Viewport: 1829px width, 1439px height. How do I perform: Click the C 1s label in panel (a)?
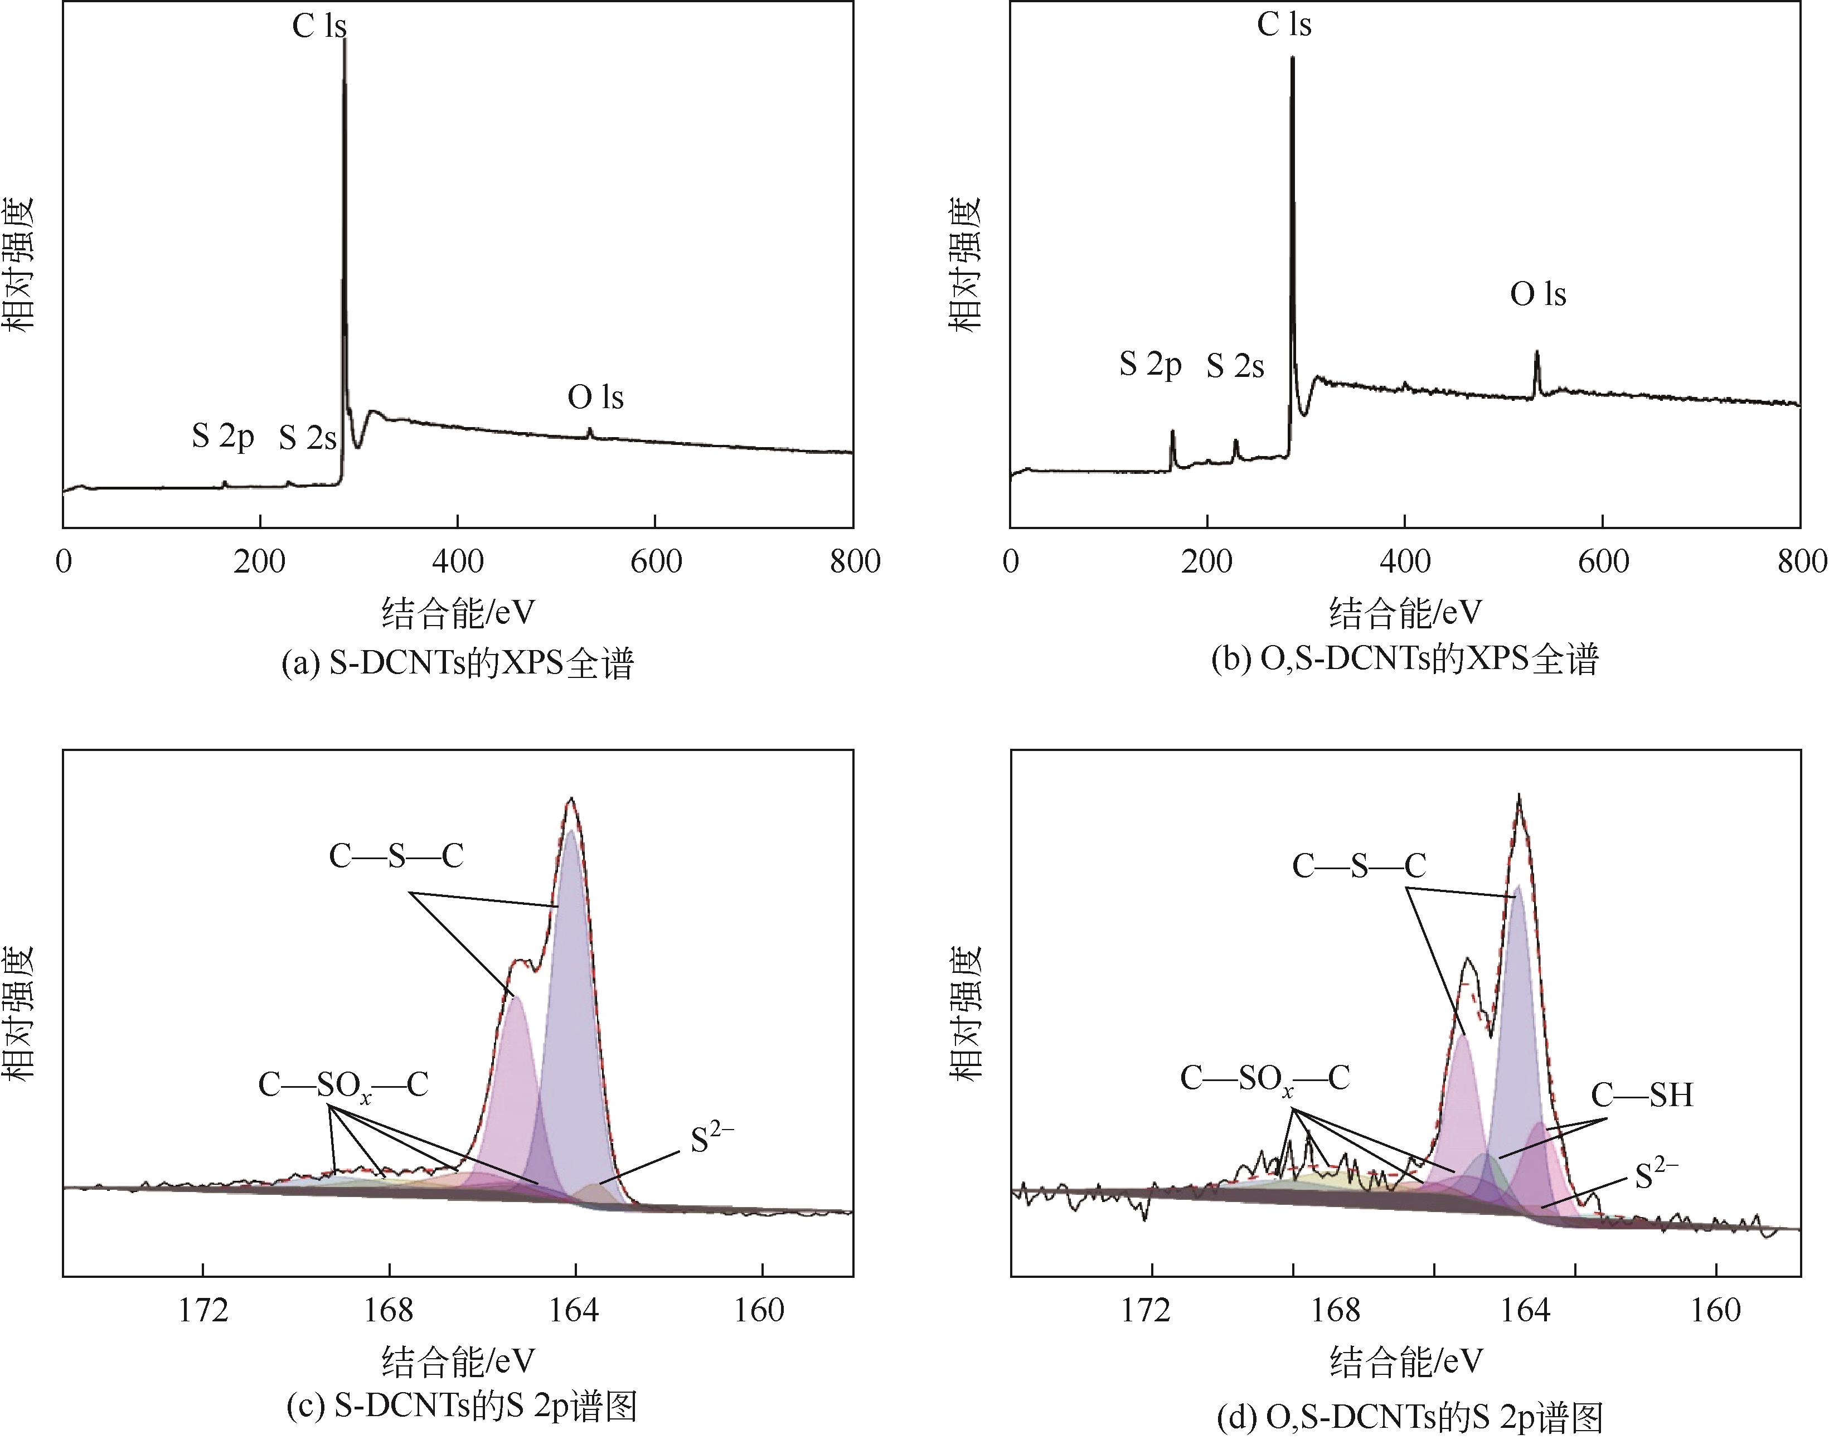319,26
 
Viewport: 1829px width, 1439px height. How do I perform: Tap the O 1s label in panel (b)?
1537,294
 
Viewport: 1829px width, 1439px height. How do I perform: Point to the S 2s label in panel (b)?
1235,366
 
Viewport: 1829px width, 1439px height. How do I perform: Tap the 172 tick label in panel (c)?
203,1310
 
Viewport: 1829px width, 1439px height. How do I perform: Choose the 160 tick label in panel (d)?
1716,1310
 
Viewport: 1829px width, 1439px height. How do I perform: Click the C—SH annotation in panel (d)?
1641,1094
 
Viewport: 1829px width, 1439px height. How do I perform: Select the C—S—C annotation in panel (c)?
396,857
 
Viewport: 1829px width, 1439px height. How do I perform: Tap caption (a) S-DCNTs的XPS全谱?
458,664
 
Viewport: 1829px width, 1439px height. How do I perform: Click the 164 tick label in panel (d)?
1526,1310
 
